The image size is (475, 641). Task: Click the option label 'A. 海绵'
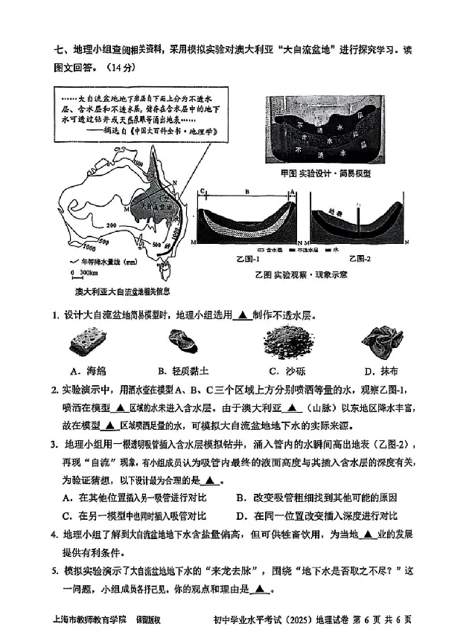[88, 370]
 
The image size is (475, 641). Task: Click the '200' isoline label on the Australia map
[113, 225]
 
